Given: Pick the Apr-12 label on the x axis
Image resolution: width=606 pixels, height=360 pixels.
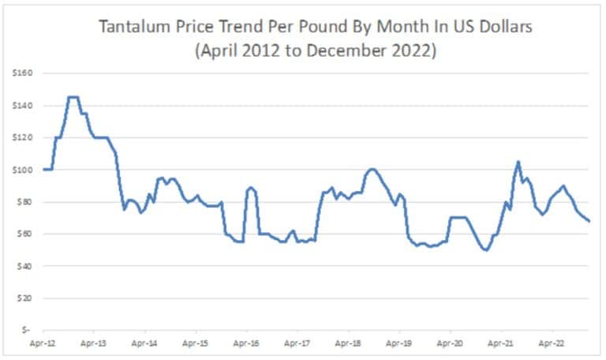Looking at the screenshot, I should pyautogui.click(x=43, y=344).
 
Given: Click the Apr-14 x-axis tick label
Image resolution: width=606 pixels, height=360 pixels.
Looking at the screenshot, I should pyautogui.click(x=144, y=344).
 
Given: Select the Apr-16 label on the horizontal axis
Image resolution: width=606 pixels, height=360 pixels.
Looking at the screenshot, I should pyautogui.click(x=246, y=344).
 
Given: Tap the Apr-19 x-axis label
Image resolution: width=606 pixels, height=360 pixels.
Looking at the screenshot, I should pyautogui.click(x=399, y=344).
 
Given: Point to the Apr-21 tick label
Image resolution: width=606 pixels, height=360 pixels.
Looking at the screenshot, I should pyautogui.click(x=501, y=344).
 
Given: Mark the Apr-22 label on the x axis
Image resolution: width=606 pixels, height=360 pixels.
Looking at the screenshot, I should pyautogui.click(x=552, y=344).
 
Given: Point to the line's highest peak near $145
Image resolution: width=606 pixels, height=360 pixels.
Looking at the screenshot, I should pyautogui.click(x=73, y=97).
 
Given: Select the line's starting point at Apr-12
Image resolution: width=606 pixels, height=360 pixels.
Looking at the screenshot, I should pyautogui.click(x=43, y=169).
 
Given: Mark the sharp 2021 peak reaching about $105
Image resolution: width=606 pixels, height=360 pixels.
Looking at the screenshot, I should pyautogui.click(x=518, y=162).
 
